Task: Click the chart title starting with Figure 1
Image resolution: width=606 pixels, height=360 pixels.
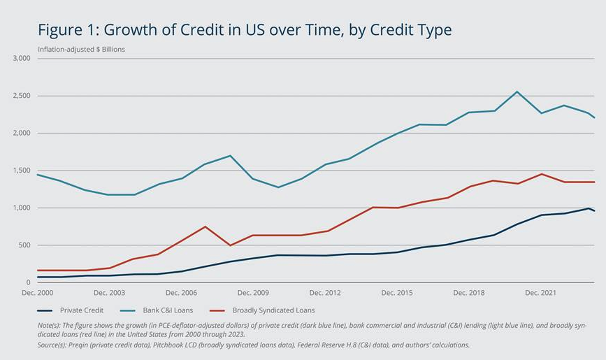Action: coord(245,30)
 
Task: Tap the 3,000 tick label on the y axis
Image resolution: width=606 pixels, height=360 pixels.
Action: coord(22,59)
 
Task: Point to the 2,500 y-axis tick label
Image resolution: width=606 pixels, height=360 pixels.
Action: coord(22,96)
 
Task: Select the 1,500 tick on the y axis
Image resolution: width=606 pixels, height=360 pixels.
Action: coord(22,171)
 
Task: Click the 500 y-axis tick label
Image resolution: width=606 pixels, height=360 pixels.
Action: coord(26,245)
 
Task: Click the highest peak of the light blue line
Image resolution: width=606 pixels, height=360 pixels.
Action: coord(517,92)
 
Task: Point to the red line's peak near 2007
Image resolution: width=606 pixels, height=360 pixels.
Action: coord(205,226)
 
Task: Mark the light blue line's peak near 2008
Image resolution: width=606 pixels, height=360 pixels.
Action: coord(231,155)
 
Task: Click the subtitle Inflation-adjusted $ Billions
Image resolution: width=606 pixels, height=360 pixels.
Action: coord(81,50)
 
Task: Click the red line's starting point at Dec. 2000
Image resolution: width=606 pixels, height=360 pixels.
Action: coord(37,271)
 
